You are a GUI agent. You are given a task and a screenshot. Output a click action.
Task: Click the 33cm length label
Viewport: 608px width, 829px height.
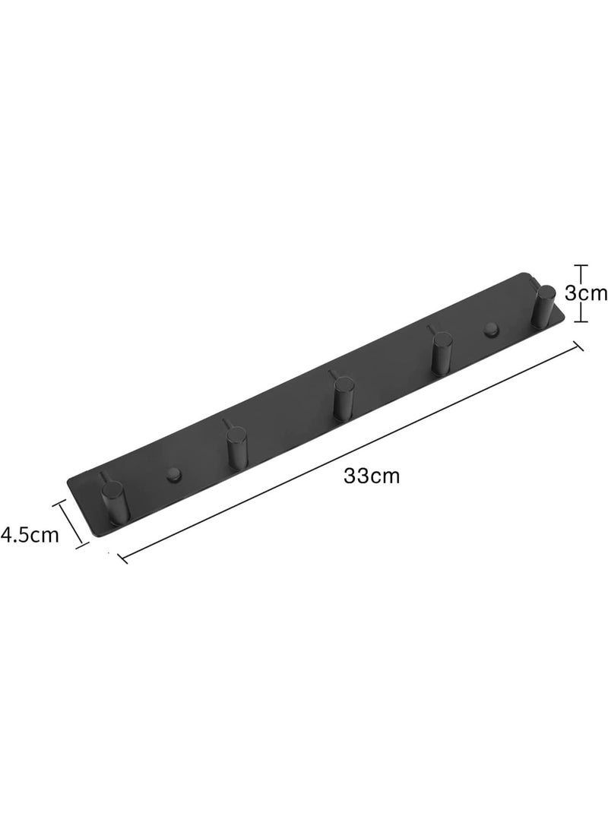click(x=371, y=476)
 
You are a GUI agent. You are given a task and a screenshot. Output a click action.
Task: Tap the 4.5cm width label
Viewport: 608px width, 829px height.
click(x=30, y=534)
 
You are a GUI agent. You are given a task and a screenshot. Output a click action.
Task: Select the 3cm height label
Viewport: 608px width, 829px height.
click(x=586, y=293)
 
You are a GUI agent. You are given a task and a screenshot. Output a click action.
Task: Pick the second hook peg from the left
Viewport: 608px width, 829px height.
click(x=236, y=443)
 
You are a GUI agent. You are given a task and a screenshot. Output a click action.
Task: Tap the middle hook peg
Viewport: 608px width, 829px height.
click(x=343, y=394)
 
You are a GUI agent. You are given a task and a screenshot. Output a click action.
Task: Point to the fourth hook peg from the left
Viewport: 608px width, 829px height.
click(x=441, y=350)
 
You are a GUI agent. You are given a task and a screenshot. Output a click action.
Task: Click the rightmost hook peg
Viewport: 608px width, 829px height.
click(x=543, y=305)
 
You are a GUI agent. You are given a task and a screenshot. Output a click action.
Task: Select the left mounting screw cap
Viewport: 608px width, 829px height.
click(x=173, y=474)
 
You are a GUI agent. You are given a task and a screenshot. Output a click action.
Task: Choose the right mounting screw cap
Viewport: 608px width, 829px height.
click(x=491, y=329)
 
